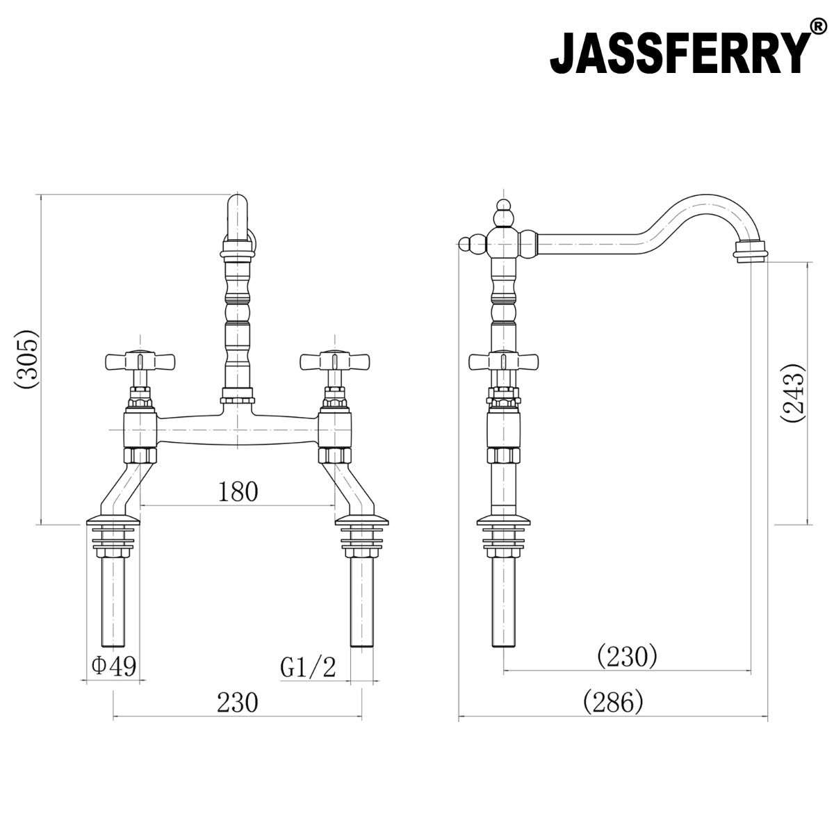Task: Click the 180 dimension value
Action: pyautogui.click(x=238, y=492)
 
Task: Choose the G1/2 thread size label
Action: pyautogui.click(x=308, y=668)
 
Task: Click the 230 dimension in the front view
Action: pyautogui.click(x=238, y=703)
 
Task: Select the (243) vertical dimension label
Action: pyautogui.click(x=792, y=393)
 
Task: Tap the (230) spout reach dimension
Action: pyautogui.click(x=627, y=655)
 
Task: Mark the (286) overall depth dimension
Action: pyautogui.click(x=614, y=703)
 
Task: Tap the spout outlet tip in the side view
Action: pyautogui.click(x=751, y=251)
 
